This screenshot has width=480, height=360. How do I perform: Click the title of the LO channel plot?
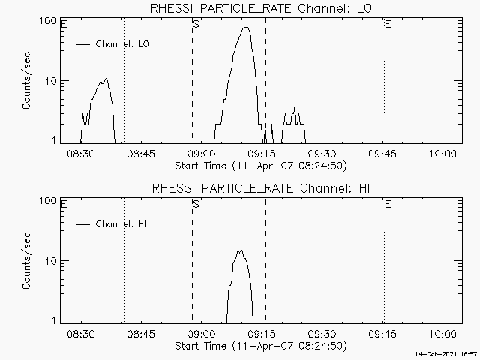260,8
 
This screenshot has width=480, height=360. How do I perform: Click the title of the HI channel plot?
260,188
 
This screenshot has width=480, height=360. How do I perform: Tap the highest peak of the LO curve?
246,28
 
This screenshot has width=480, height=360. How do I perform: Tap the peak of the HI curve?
241,250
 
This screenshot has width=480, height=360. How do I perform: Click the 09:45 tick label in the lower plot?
383,333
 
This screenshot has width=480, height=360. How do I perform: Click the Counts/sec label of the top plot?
27,81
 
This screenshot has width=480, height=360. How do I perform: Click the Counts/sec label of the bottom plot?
27,261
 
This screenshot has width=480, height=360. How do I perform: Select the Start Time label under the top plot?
260,166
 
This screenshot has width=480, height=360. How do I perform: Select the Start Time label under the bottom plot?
260,346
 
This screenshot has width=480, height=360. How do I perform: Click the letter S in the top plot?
196,25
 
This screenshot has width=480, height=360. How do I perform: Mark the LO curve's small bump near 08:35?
105,79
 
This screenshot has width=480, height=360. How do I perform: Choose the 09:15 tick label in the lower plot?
262,333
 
